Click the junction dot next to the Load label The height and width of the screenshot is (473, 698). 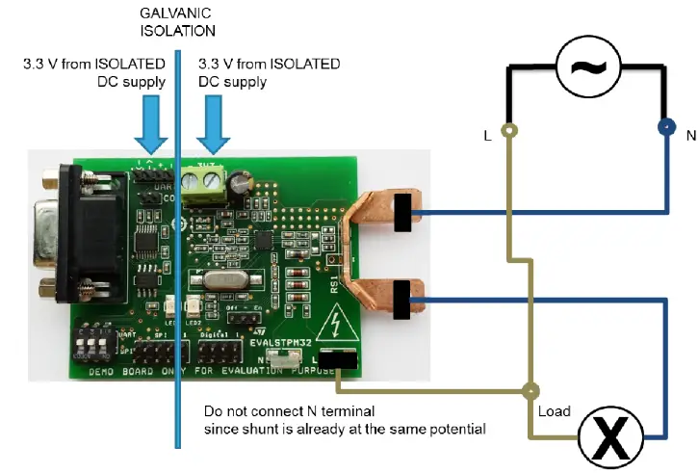[x=530, y=392]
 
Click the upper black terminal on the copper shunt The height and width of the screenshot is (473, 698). [x=403, y=213]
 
